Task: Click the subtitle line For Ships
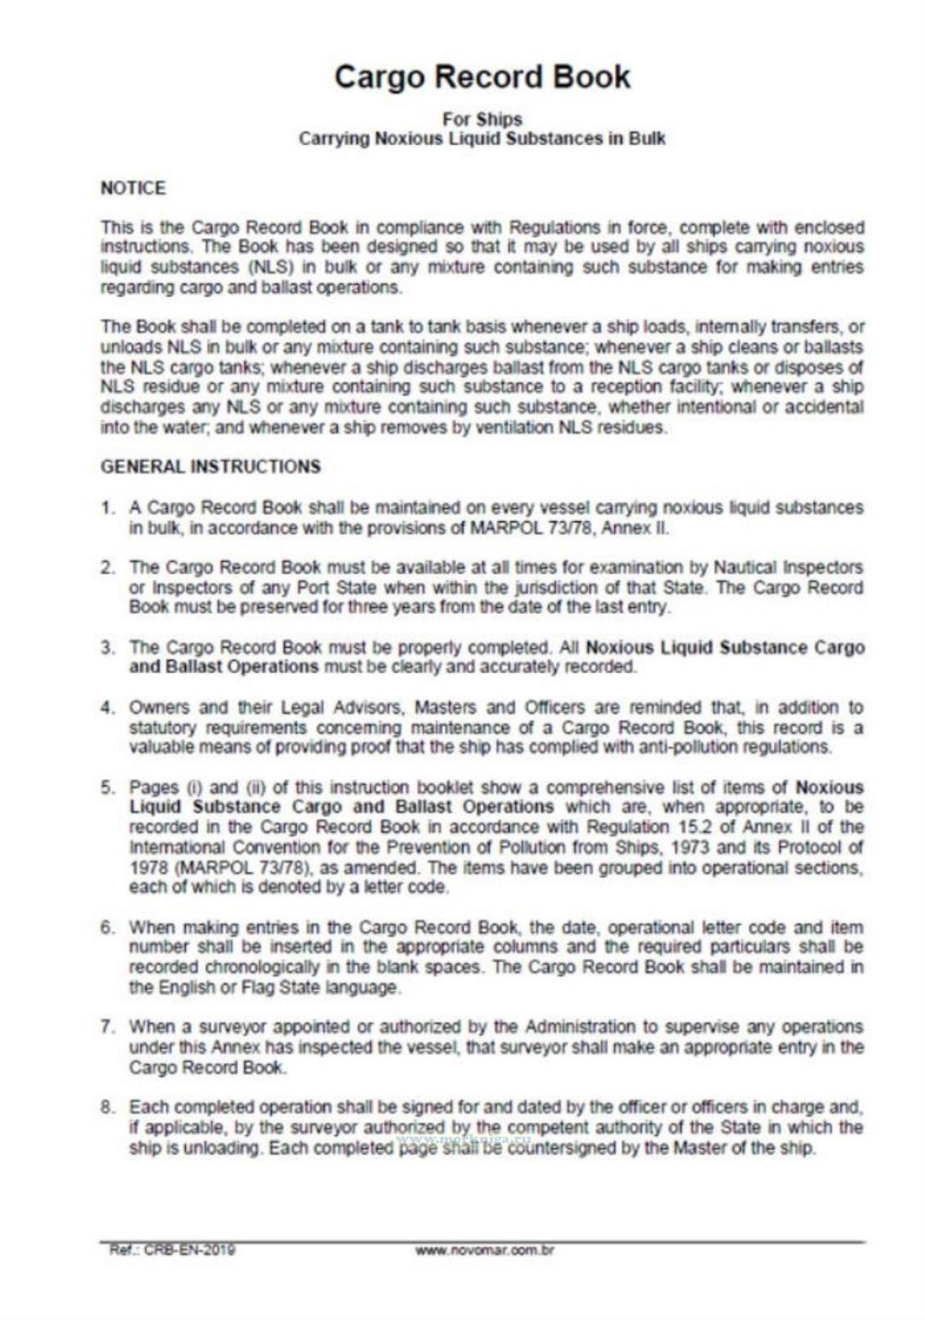click(x=482, y=119)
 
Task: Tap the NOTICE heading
click(x=133, y=189)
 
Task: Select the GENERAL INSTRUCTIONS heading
click(x=211, y=467)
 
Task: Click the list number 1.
click(x=108, y=509)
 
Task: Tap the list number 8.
click(x=108, y=1108)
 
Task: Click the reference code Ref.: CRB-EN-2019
click(x=172, y=1250)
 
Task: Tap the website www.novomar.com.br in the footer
click(x=485, y=1250)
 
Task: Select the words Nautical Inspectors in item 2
click(x=788, y=568)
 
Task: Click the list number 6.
click(x=108, y=927)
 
